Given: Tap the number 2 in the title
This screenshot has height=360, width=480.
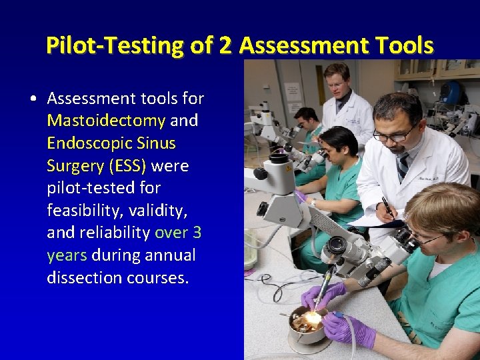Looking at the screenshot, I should (225, 45).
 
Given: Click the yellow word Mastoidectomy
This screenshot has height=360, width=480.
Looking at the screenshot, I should (106, 121).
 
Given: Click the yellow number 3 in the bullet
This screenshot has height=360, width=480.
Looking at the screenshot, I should (197, 233).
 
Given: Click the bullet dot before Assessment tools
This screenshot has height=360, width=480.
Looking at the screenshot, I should (33, 99).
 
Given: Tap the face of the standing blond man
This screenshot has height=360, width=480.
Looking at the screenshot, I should (337, 83).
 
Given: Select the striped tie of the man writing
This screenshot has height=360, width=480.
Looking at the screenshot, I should (403, 166).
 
